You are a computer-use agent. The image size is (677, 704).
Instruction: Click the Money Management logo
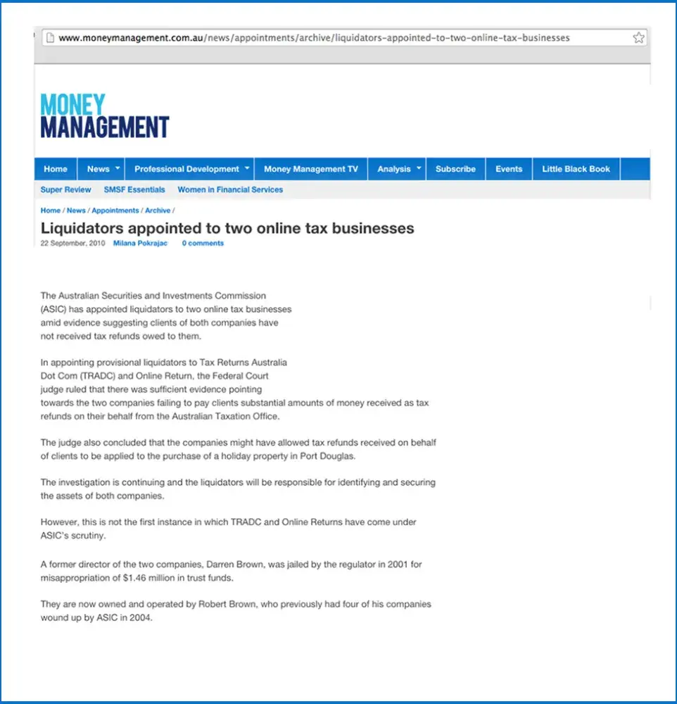point(105,116)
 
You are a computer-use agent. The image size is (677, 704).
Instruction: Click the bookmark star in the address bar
point(638,38)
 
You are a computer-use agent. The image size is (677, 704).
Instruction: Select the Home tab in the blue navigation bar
point(56,169)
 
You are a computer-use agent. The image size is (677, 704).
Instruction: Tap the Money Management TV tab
point(310,169)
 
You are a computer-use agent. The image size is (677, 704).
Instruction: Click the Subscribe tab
point(455,169)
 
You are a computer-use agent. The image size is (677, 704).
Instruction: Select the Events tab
point(509,169)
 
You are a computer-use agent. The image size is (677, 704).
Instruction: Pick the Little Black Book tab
point(576,169)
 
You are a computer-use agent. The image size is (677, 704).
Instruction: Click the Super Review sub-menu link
point(65,189)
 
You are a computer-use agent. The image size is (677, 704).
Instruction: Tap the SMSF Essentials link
point(134,189)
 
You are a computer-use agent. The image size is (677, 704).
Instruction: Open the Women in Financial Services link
point(230,189)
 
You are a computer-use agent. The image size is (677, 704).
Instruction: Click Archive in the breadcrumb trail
point(158,210)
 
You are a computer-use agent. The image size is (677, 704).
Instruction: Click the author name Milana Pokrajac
point(140,244)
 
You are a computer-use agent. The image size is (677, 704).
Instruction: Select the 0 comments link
point(203,244)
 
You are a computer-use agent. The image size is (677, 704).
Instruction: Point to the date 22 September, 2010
point(72,244)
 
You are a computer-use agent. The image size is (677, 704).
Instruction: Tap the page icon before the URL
point(50,38)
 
